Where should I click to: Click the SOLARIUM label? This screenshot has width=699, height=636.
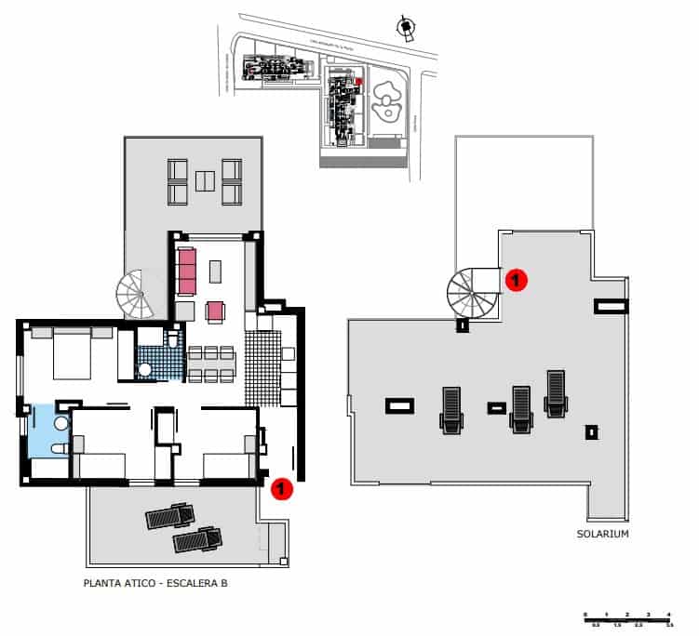[603, 534]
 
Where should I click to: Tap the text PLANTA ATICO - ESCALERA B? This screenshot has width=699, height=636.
[155, 584]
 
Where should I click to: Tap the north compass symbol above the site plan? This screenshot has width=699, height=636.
[405, 28]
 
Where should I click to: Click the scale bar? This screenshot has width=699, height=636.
[628, 618]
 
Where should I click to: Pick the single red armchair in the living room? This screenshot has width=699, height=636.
[216, 311]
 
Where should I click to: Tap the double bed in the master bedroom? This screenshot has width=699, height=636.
[71, 353]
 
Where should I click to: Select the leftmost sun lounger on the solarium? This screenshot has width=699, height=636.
[451, 410]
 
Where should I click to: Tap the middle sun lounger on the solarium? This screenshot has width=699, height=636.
[520, 408]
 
